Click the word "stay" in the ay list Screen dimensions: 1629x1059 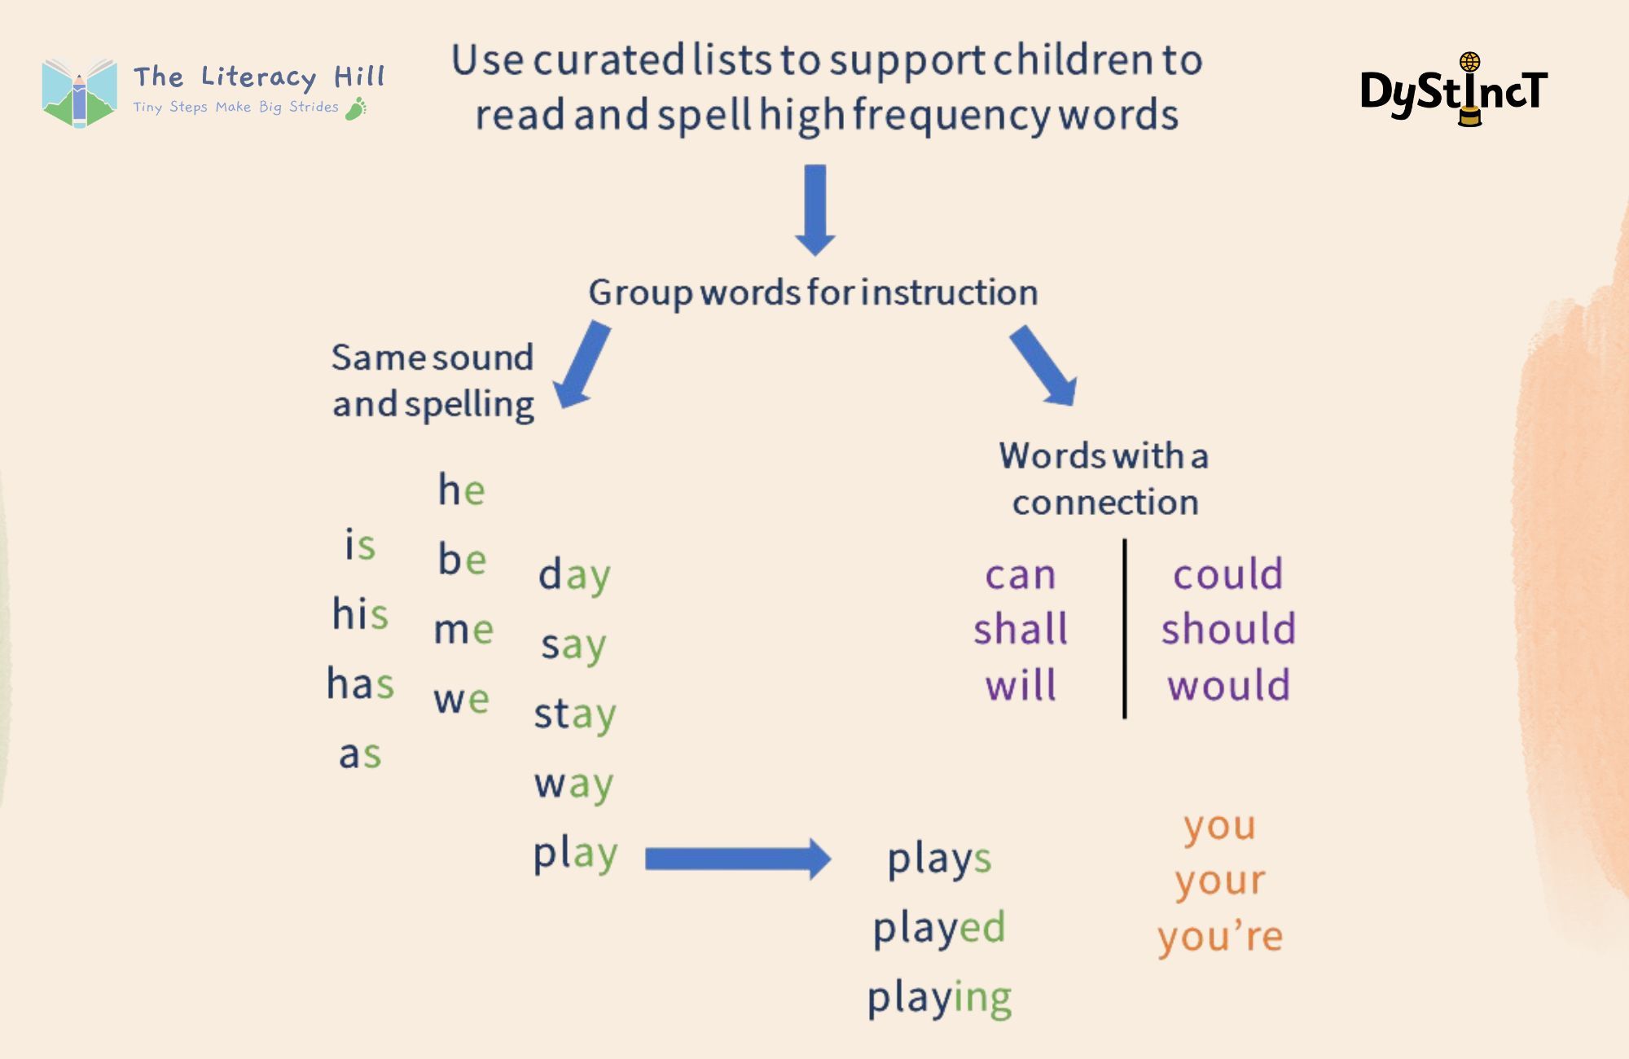pyautogui.click(x=575, y=714)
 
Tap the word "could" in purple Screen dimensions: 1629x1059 pyautogui.click(x=1227, y=573)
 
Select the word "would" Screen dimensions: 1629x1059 pyautogui.click(x=1228, y=684)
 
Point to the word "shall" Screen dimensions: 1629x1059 pyautogui.click(x=1021, y=629)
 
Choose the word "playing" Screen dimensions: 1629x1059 pyautogui.click(x=939, y=998)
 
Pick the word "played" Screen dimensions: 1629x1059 pyautogui.click(x=939, y=928)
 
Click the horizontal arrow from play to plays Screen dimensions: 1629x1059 pyautogui.click(x=738, y=859)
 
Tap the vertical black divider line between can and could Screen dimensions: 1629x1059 pyautogui.click(x=1125, y=629)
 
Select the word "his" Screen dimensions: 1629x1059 pyautogui.click(x=360, y=613)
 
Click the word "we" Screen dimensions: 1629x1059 pyautogui.click(x=461, y=700)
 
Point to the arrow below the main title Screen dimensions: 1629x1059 pyautogui.click(x=815, y=210)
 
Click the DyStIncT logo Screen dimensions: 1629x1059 pyautogui.click(x=1455, y=90)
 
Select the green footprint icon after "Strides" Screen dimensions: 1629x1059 pyautogui.click(x=356, y=108)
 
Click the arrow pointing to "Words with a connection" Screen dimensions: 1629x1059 pyautogui.click(x=1043, y=366)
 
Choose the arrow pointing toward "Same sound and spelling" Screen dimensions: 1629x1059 pyautogui.click(x=582, y=364)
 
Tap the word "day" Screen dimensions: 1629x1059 pyautogui.click(x=574, y=575)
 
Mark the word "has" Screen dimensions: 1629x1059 pyautogui.click(x=360, y=683)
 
